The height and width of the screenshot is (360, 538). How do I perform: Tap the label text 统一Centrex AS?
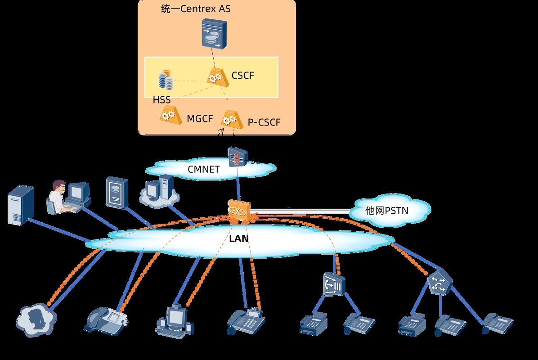[x=196, y=9]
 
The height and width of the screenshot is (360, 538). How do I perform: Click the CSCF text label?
[x=242, y=76]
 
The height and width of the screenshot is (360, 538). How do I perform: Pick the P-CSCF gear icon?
[x=229, y=119]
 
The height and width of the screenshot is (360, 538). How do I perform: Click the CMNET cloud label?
[x=203, y=170]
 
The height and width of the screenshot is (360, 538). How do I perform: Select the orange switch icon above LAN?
[x=238, y=211]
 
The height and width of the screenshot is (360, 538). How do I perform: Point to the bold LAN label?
[x=239, y=238]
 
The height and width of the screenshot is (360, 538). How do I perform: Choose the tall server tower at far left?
[x=21, y=205]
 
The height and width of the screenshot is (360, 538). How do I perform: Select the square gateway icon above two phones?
[x=333, y=284]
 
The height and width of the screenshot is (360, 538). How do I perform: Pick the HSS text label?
[x=161, y=100]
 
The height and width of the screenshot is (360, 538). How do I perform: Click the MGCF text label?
[x=200, y=119]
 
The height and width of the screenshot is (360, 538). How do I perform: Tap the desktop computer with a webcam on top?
[x=175, y=320]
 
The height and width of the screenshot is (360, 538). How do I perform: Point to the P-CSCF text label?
[x=264, y=122]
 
